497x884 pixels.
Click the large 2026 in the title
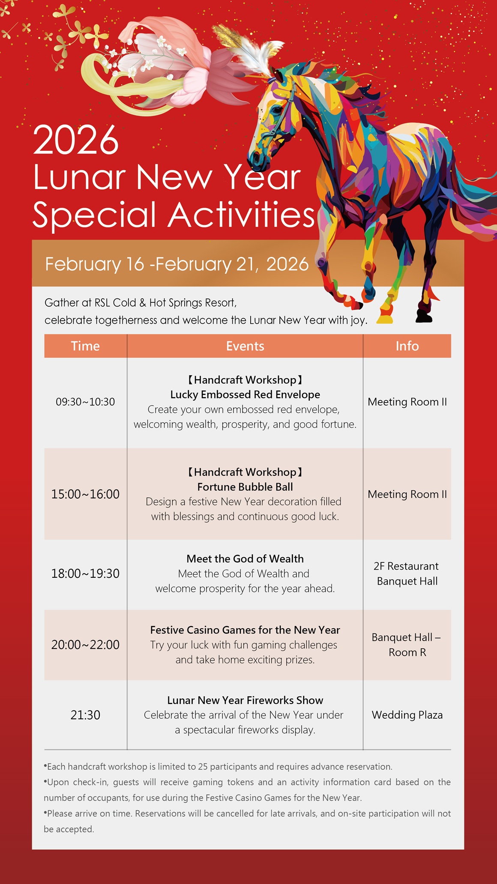click(76, 140)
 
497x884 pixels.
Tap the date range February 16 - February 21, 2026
click(177, 264)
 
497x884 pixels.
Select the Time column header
click(85, 346)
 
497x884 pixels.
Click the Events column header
click(245, 346)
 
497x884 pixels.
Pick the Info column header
click(407, 346)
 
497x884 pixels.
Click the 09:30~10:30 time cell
click(85, 402)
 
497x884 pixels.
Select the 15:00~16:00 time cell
click(85, 494)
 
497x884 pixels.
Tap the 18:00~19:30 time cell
click(85, 573)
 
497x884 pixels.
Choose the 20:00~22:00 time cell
click(85, 645)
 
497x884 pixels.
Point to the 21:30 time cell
click(85, 715)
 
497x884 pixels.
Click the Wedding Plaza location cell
click(407, 715)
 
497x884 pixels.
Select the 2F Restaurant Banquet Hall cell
click(407, 573)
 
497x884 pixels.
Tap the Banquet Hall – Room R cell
click(407, 645)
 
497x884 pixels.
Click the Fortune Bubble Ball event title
click(245, 487)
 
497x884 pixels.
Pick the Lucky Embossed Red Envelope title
click(245, 394)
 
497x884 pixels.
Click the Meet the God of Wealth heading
click(245, 558)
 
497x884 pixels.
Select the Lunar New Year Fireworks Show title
click(245, 700)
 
